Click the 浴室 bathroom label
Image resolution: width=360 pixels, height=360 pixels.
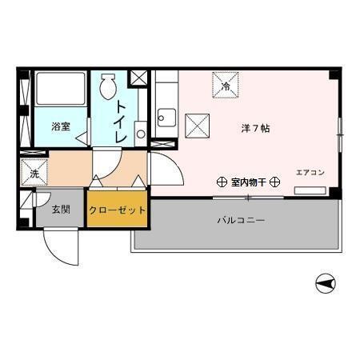60,126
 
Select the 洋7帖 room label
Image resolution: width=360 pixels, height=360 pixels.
256,127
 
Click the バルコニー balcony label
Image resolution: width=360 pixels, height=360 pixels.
240,218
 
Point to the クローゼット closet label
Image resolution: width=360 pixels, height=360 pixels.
117,210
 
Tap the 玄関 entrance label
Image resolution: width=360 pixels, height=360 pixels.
61,210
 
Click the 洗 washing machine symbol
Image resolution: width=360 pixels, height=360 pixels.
34,172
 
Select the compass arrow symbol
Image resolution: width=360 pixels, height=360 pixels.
323,282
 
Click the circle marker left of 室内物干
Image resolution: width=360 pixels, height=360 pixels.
222,182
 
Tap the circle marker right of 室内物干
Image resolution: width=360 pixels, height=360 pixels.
273,182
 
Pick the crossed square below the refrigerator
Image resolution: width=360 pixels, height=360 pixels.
197,126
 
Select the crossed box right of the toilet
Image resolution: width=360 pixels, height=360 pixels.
139,78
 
